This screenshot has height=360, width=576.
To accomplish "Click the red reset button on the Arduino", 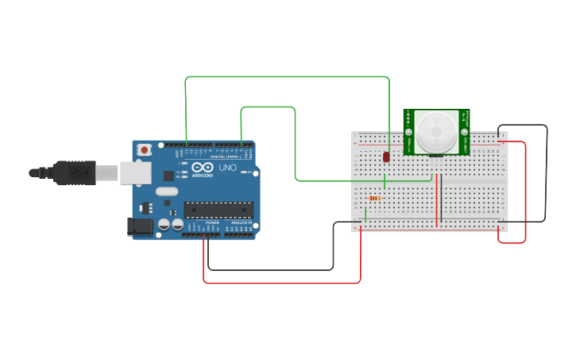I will pyautogui.click(x=144, y=149).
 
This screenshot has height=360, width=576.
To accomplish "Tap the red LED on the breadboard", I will pyautogui.click(x=386, y=157).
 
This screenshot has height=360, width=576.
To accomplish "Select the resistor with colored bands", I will pyautogui.click(x=374, y=198).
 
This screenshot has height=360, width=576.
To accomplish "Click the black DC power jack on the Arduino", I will pyautogui.click(x=140, y=226).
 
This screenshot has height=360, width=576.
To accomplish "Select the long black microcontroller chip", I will pyautogui.click(x=218, y=210).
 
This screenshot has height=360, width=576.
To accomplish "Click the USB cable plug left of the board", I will pyautogui.click(x=75, y=172).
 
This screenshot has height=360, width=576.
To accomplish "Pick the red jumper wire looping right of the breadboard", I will pyautogui.click(x=525, y=191).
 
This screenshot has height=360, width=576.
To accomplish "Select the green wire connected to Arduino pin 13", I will pyautogui.click(x=286, y=77).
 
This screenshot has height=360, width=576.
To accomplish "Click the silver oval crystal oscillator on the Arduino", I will pyautogui.click(x=167, y=191).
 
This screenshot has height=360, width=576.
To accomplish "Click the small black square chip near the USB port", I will pyautogui.click(x=168, y=176).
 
